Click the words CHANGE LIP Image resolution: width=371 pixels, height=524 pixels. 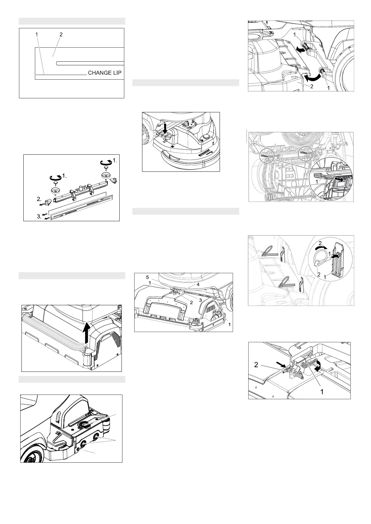105,73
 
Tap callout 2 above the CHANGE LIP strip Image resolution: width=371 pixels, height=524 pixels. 61,35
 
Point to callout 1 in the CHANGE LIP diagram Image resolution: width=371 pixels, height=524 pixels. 37,35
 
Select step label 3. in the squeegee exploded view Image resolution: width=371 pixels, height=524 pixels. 39,216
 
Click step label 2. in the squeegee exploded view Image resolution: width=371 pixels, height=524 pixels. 39,199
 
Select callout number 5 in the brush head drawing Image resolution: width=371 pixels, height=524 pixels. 147,277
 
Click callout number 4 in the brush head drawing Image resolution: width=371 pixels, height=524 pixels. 198,285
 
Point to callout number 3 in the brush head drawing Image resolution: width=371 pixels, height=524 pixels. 200,300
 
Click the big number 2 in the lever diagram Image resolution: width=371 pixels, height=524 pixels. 256,365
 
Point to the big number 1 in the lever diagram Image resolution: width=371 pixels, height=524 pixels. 322,391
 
